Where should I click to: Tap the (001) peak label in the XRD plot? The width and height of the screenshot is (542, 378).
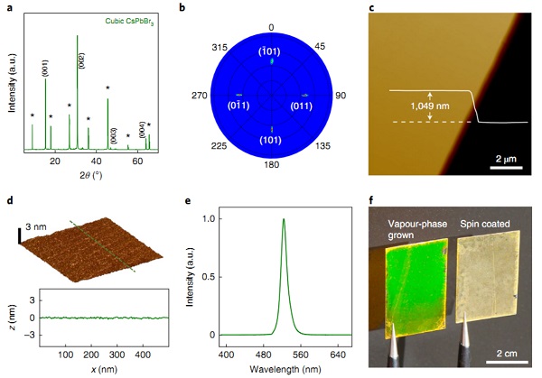[x=45, y=66]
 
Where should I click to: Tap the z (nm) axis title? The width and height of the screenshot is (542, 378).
[x=11, y=317]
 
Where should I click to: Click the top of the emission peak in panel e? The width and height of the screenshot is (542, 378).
[x=284, y=218]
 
